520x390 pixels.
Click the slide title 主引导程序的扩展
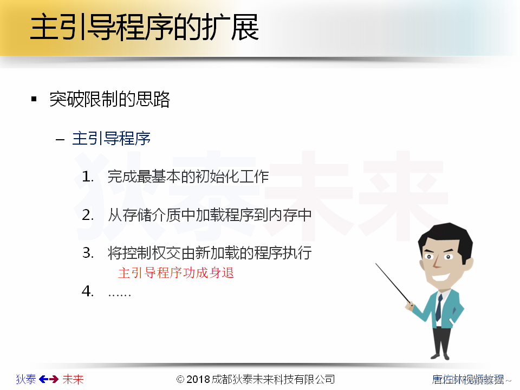tap(144, 28)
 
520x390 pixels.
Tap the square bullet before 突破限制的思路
tap(34, 99)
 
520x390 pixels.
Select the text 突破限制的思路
tap(109, 99)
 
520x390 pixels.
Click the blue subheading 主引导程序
tap(111, 139)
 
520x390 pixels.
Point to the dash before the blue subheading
tap(60, 139)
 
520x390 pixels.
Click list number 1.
tap(88, 177)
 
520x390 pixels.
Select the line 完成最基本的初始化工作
tap(188, 177)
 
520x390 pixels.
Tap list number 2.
tap(88, 215)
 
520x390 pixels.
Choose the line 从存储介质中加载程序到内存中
tap(210, 215)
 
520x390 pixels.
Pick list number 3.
tap(88, 253)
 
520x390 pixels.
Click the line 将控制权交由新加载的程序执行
tap(210, 253)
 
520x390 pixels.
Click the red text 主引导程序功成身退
tap(176, 272)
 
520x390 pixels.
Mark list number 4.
tap(88, 291)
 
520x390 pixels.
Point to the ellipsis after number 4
tap(119, 293)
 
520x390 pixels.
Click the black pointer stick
tap(394, 283)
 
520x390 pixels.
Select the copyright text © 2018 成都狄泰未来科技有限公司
tap(256, 379)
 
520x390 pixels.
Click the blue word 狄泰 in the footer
tap(26, 379)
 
